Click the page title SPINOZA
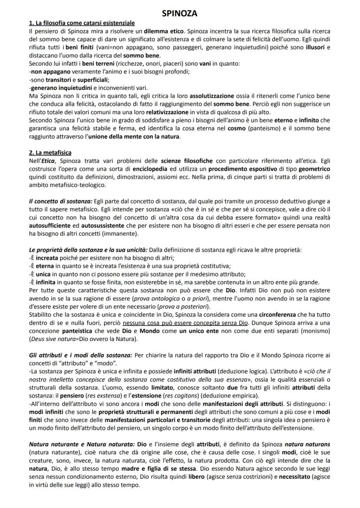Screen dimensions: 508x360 [x=179, y=13]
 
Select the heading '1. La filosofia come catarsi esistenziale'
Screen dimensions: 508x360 [x=82, y=23]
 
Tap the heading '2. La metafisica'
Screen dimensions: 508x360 [x=50, y=153]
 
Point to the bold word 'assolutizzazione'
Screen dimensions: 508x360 [x=211, y=96]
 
